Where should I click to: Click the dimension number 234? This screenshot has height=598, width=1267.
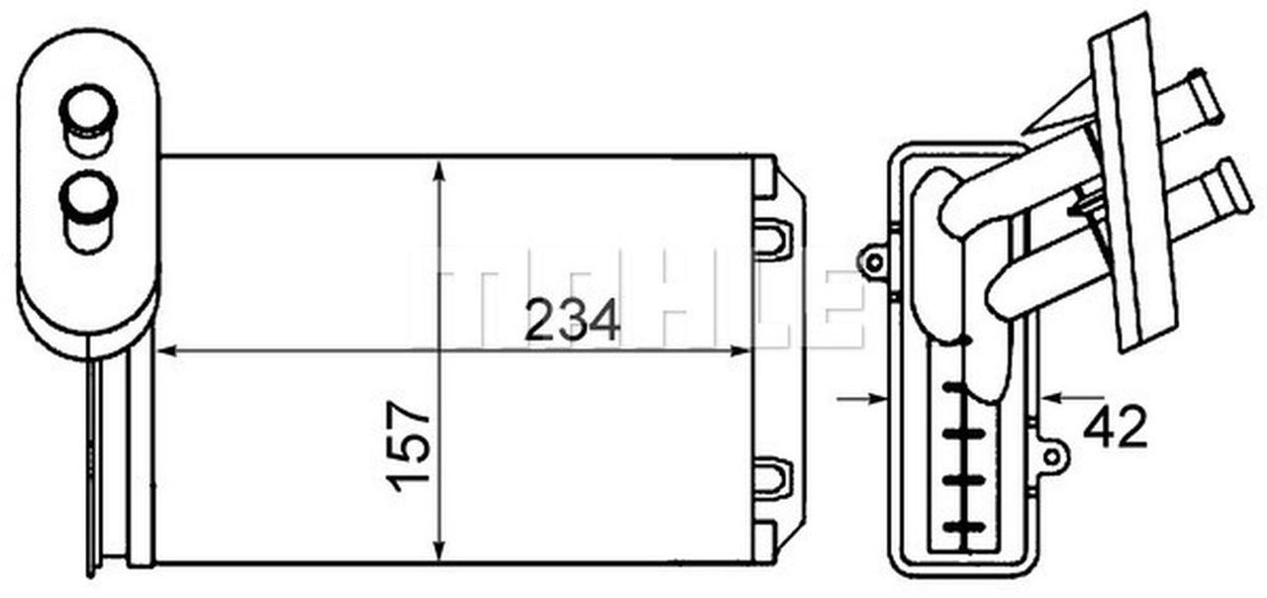pyautogui.click(x=571, y=321)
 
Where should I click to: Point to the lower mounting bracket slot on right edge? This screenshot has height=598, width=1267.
pyautogui.click(x=773, y=476)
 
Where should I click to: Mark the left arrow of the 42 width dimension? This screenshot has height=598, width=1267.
pyautogui.click(x=877, y=398)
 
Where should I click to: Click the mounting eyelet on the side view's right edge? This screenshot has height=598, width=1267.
pyautogui.click(x=1052, y=456)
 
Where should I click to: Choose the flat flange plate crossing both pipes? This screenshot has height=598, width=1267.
pyautogui.click(x=1131, y=178)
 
